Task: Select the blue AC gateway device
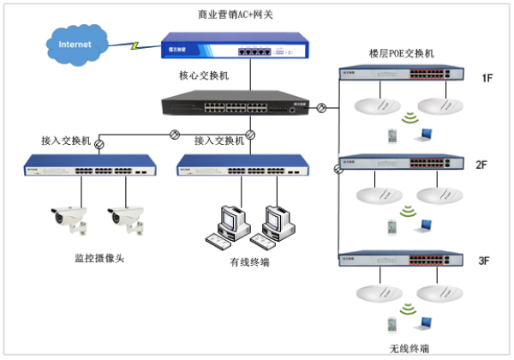(236, 48)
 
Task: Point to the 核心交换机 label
(204, 75)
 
